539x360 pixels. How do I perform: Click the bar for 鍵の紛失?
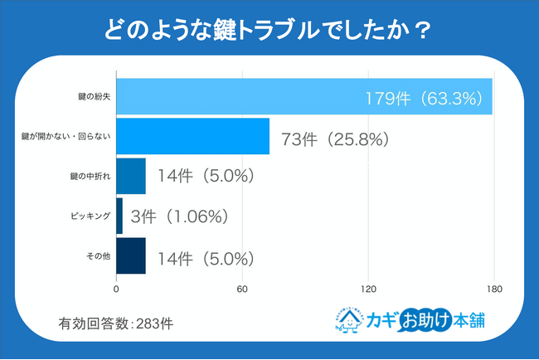(303, 97)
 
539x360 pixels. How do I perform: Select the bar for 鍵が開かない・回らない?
(192, 137)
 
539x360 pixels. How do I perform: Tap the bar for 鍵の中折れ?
(130, 176)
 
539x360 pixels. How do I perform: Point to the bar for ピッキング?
(119, 216)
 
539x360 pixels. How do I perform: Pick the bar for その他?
(130, 255)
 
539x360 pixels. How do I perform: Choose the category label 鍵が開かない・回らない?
(64, 137)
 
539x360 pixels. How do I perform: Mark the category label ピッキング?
(90, 216)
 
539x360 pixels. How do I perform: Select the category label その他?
(98, 255)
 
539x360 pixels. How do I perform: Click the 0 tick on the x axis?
(116, 289)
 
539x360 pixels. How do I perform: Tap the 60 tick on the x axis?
(242, 289)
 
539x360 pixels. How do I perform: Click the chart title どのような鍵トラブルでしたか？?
(269, 31)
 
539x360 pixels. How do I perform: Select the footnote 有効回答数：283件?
(115, 322)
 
